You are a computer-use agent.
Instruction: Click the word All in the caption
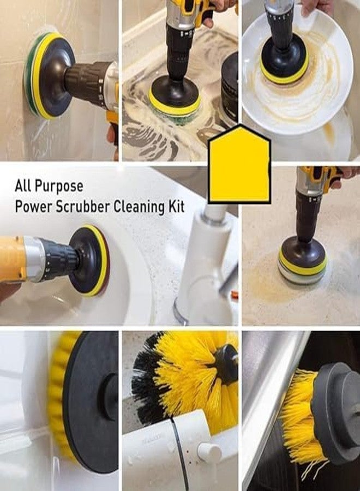23,186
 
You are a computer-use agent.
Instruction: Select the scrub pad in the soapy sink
175,106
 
